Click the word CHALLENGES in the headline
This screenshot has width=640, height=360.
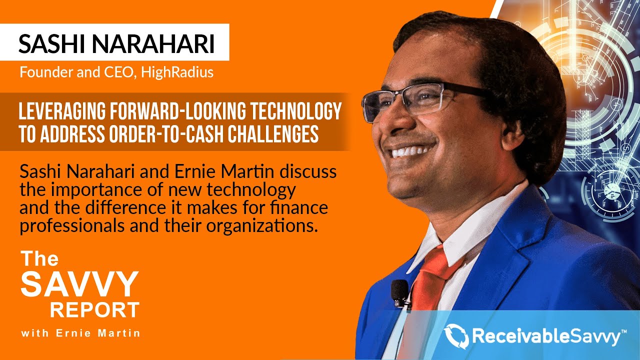coord(274,134)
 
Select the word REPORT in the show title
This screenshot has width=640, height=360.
coord(94,310)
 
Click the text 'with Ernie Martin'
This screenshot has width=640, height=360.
coord(80,333)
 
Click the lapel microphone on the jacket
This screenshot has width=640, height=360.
coord(399,292)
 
